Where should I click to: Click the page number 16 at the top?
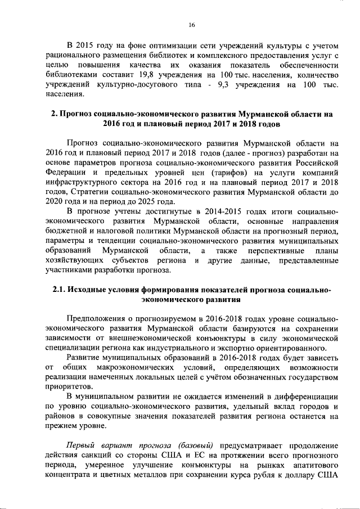pos(191,25)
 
